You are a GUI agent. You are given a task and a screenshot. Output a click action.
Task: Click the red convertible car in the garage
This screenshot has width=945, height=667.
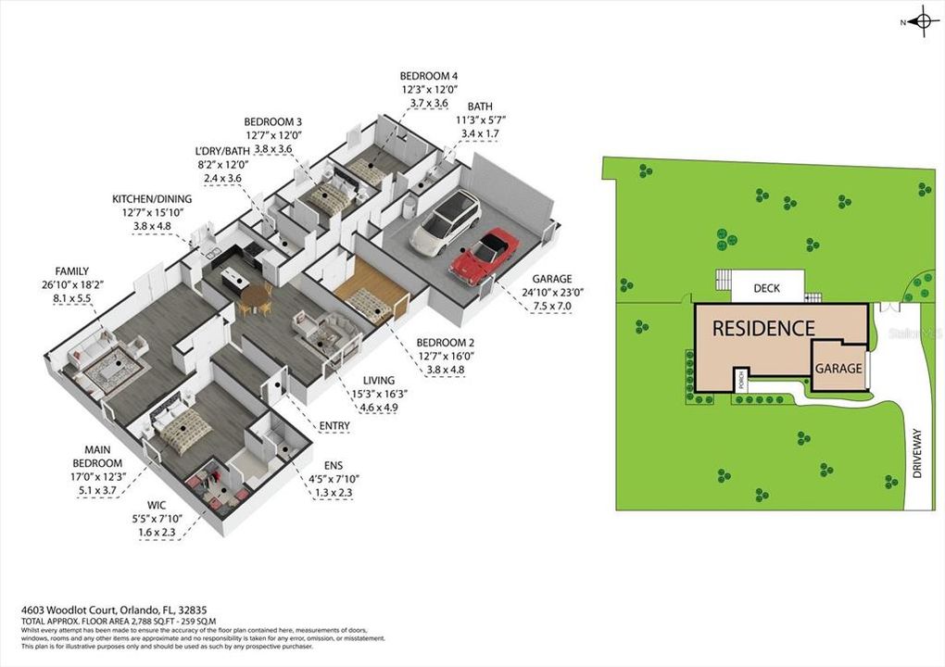484,255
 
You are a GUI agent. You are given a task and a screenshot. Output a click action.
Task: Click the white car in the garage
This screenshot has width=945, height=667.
446,221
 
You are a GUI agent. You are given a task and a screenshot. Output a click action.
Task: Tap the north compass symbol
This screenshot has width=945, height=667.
921,21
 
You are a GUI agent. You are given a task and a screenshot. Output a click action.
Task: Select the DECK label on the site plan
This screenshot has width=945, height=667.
766,288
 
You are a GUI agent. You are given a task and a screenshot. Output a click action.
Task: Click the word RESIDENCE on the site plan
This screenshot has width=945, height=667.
763,328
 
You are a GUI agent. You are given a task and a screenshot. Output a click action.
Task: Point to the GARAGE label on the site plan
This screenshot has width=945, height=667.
838,368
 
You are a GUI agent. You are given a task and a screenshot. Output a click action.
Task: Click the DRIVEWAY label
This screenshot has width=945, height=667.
918,453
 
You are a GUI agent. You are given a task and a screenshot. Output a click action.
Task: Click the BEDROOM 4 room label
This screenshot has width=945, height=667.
429,76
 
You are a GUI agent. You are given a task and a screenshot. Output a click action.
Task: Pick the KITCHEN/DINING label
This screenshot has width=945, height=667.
152,198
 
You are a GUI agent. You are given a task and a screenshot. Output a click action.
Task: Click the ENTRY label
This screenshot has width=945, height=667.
334,426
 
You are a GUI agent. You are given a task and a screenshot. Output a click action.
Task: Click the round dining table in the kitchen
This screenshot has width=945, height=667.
256,295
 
